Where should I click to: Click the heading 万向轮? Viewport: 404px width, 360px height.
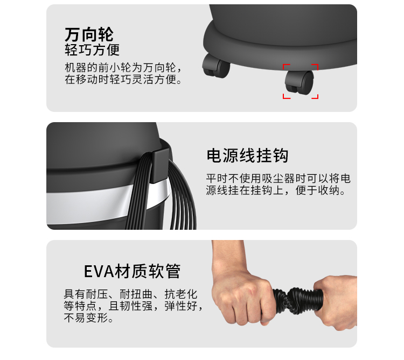coord(89,34)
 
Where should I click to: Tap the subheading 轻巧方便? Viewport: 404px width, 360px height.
coord(92,50)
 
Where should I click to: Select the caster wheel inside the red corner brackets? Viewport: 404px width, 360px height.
coord(299,82)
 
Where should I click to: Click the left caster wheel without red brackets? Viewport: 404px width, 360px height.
coord(216,66)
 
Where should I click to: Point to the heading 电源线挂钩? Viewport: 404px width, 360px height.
coord(247,156)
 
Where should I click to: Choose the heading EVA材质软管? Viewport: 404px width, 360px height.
coord(132,271)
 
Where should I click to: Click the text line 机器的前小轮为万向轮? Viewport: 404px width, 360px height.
coord(123,68)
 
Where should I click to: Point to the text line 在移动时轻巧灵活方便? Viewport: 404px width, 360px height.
coord(123,80)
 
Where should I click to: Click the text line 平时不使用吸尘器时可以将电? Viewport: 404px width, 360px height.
coord(278,178)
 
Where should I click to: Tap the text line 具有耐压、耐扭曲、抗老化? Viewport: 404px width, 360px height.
coord(130,294)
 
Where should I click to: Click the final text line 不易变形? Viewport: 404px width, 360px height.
coord(88,318)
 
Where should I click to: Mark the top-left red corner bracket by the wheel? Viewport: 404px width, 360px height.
coord(286,67)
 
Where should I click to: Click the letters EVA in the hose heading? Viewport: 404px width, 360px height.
coord(99,271)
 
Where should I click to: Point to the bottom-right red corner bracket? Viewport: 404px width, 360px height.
coord(315,96)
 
